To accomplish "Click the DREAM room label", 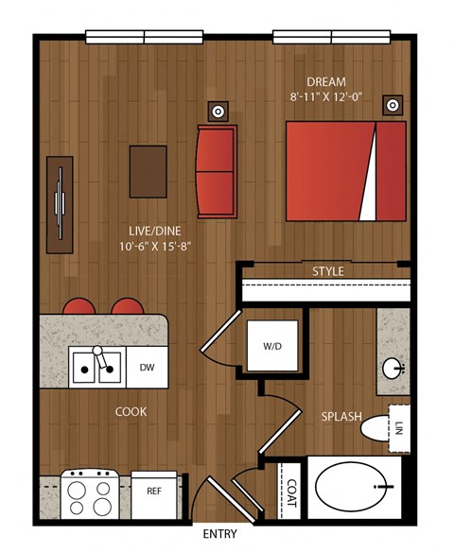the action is (326, 82).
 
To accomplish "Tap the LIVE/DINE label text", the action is (155, 231).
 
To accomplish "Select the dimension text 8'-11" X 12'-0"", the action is (326, 96).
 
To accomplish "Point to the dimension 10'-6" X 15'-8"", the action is (155, 246).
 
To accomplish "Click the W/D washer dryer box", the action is (272, 346).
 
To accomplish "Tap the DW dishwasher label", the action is (148, 368).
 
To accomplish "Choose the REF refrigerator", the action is (154, 495).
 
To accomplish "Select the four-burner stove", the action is (90, 493).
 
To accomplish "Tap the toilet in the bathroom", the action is (375, 427).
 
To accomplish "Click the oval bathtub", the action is (355, 487).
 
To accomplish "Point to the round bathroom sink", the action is (393, 369).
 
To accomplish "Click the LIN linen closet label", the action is (399, 428).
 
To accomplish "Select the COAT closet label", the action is (292, 492).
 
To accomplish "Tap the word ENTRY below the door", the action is (220, 534).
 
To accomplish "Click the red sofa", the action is (217, 171).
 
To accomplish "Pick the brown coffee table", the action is (148, 171).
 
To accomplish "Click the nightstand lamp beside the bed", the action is (393, 105).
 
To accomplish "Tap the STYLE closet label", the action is (328, 271).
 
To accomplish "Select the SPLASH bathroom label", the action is (341, 417).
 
